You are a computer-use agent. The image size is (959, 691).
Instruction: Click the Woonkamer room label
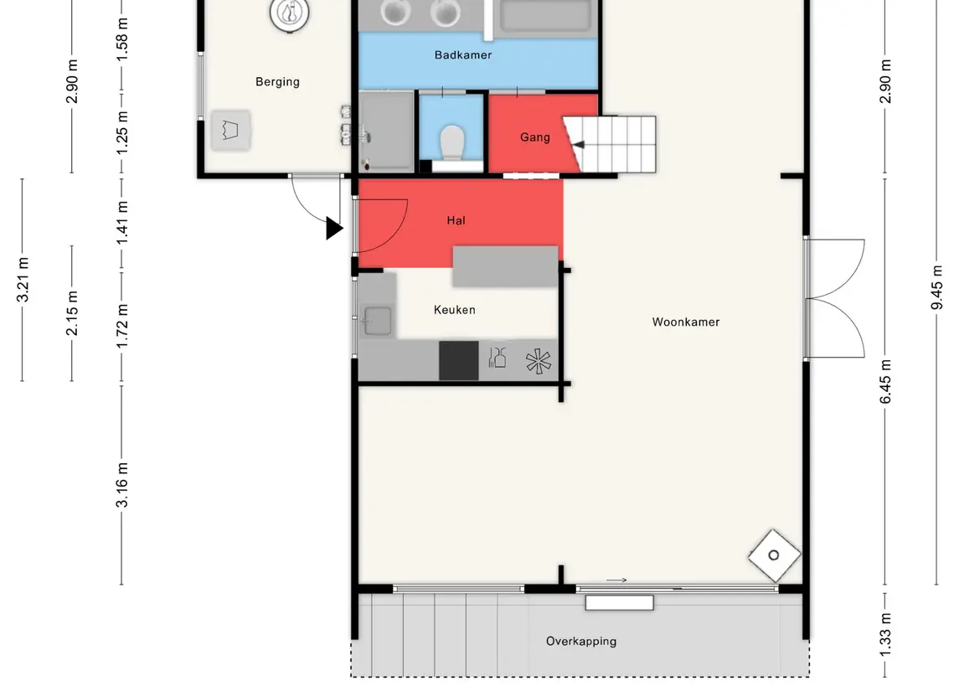[686, 322]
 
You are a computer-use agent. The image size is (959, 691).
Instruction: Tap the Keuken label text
[455, 309]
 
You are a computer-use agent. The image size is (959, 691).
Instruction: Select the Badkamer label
[463, 55]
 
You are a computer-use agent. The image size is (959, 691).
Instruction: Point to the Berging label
[278, 82]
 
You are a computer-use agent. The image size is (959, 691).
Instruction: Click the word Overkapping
[581, 642]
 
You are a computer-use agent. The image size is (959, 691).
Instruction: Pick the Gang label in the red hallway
[535, 137]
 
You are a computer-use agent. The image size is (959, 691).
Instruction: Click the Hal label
[456, 220]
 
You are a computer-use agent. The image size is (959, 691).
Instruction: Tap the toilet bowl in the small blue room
[452, 142]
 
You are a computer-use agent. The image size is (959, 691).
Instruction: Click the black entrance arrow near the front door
[334, 228]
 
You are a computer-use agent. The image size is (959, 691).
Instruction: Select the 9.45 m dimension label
[936, 288]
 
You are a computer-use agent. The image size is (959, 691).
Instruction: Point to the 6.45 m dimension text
[885, 382]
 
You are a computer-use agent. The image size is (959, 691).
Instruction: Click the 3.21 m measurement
[23, 280]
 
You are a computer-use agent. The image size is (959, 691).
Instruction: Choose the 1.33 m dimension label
[885, 635]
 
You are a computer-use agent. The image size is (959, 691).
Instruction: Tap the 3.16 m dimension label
[121, 485]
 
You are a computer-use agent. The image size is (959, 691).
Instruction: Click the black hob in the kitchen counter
[459, 361]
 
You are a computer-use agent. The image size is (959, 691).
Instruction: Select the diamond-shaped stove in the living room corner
[774, 555]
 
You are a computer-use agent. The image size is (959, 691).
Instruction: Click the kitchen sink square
[378, 321]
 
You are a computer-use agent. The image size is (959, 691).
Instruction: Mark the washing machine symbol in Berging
[230, 131]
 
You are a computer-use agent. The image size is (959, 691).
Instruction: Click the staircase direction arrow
[577, 145]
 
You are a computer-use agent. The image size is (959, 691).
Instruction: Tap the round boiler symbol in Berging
[289, 13]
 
